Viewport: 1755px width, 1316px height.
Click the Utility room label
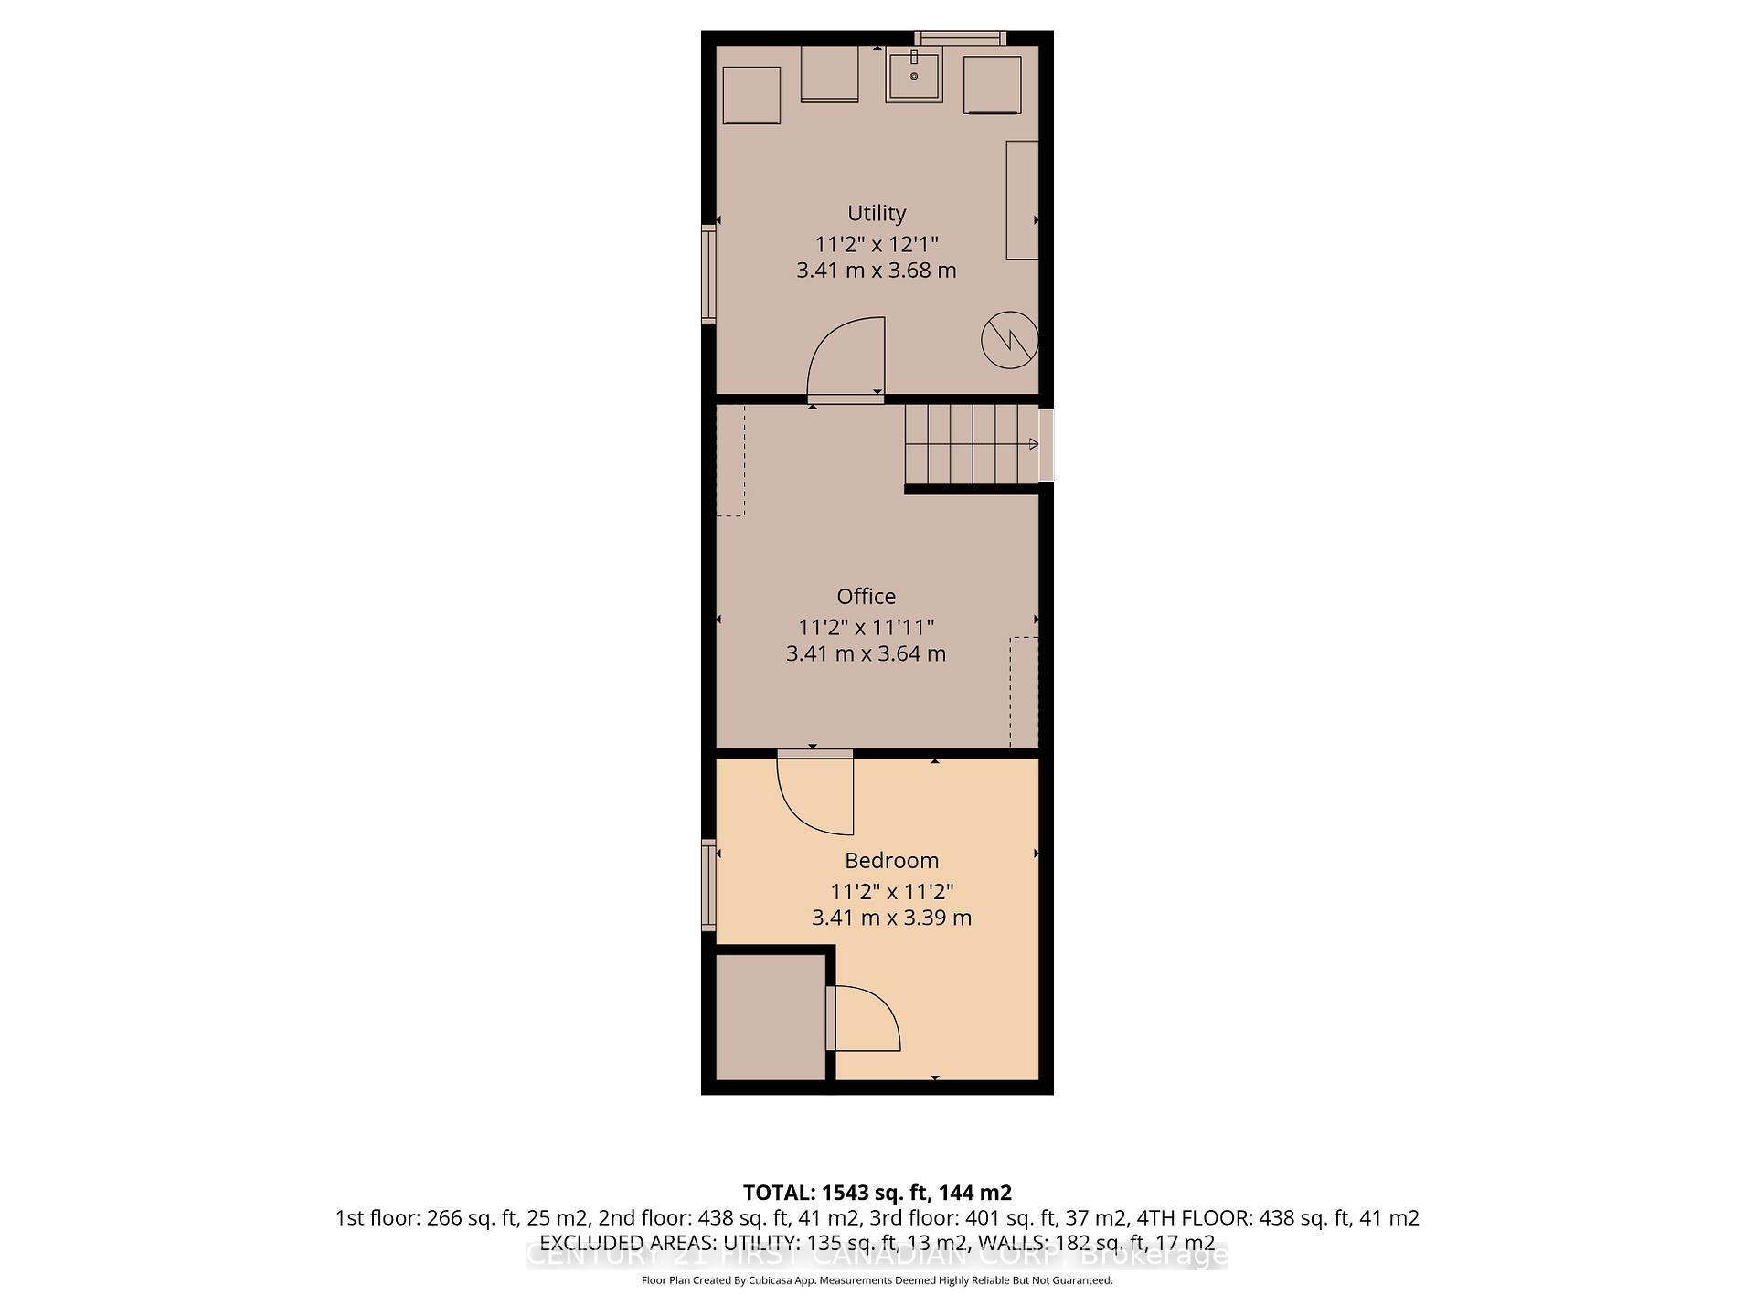coord(876,213)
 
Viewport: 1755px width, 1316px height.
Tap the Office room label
coord(866,597)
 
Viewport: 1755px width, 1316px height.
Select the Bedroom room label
coord(891,861)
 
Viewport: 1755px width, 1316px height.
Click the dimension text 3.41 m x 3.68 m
coord(876,271)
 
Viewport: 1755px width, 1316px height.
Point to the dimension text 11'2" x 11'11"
coord(866,627)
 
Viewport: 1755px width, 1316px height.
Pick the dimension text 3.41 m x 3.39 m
coord(891,918)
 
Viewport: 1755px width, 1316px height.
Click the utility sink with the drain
coord(913,77)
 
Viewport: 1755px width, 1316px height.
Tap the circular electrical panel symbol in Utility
coord(1009,340)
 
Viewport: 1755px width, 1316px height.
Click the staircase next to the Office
coord(972,444)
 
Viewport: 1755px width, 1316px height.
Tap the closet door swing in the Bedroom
coord(865,1018)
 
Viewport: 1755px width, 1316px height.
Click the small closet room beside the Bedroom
coord(770,1018)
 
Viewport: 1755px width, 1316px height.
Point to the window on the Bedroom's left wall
coord(708,886)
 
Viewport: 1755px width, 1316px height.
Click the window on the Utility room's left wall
coord(708,274)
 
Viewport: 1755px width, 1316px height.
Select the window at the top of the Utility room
coord(960,37)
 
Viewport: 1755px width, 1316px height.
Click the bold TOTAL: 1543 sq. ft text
coord(876,1193)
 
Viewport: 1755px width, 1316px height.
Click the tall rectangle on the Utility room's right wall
coord(1022,200)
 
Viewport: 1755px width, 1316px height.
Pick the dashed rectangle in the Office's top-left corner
coord(730,461)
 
